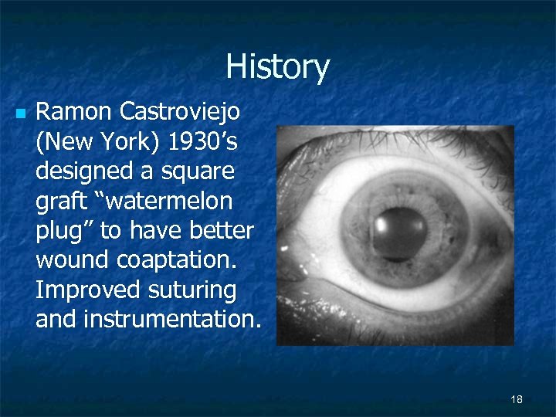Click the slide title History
point(277,67)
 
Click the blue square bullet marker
point(20,114)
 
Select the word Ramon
point(73,112)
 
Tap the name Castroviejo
point(180,112)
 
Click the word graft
point(61,202)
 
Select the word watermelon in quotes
point(167,201)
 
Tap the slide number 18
point(517,399)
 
